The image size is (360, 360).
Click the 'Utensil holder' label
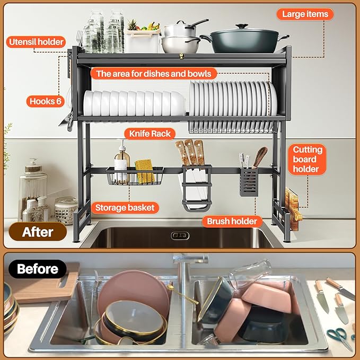click(x=36, y=41)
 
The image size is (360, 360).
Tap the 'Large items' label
click(x=305, y=14)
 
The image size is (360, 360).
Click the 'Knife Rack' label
click(x=147, y=133)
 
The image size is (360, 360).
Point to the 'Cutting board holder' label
click(x=307, y=159)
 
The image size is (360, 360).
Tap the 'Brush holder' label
click(x=232, y=221)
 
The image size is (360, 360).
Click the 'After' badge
click(x=37, y=232)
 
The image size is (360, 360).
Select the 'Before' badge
click(x=37, y=269)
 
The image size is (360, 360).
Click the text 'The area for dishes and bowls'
click(x=153, y=73)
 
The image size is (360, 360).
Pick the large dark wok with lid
click(x=243, y=40)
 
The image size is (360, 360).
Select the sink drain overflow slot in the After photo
click(x=180, y=235)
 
